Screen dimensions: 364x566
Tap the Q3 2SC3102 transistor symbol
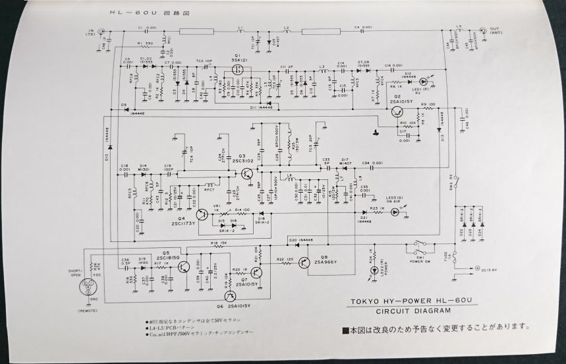point(246,173)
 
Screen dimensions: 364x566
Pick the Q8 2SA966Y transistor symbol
point(304,262)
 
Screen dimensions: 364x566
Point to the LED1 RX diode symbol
point(424,82)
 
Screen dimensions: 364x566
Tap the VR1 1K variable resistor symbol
point(219,212)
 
